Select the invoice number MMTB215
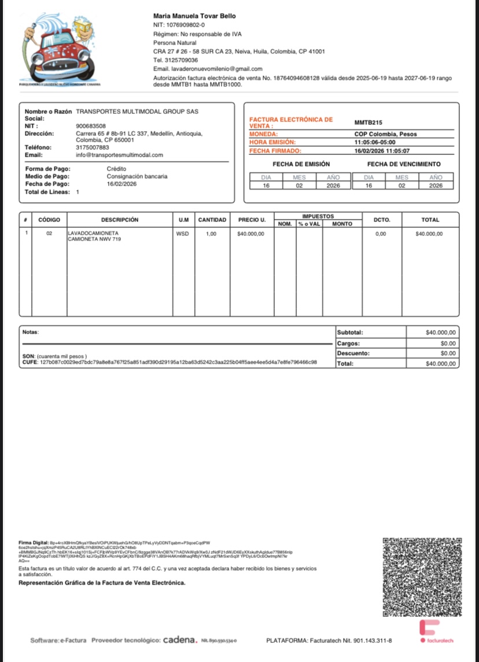pyautogui.click(x=368, y=123)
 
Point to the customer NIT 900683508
pyautogui.click(x=91, y=126)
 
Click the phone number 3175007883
pyautogui.click(x=92, y=147)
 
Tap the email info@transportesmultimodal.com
pyautogui.click(x=119, y=155)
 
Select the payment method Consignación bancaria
pyautogui.click(x=137, y=176)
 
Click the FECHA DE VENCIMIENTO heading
pyautogui.click(x=404, y=164)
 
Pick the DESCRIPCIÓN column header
pyautogui.click(x=120, y=220)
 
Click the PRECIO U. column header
pyautogui.click(x=252, y=220)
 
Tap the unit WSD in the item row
pyautogui.click(x=182, y=234)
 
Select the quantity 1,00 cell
pyautogui.click(x=212, y=234)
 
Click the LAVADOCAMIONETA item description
pyautogui.click(x=93, y=234)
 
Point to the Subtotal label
pyautogui.click(x=349, y=333)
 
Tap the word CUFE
pyautogui.click(x=29, y=362)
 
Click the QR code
pyautogui.click(x=422, y=577)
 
